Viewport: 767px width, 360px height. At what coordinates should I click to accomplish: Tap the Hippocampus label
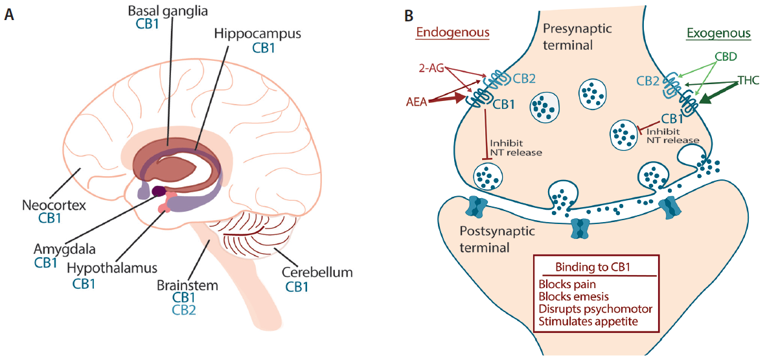(258, 34)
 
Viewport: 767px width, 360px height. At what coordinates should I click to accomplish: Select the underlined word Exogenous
(717, 34)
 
